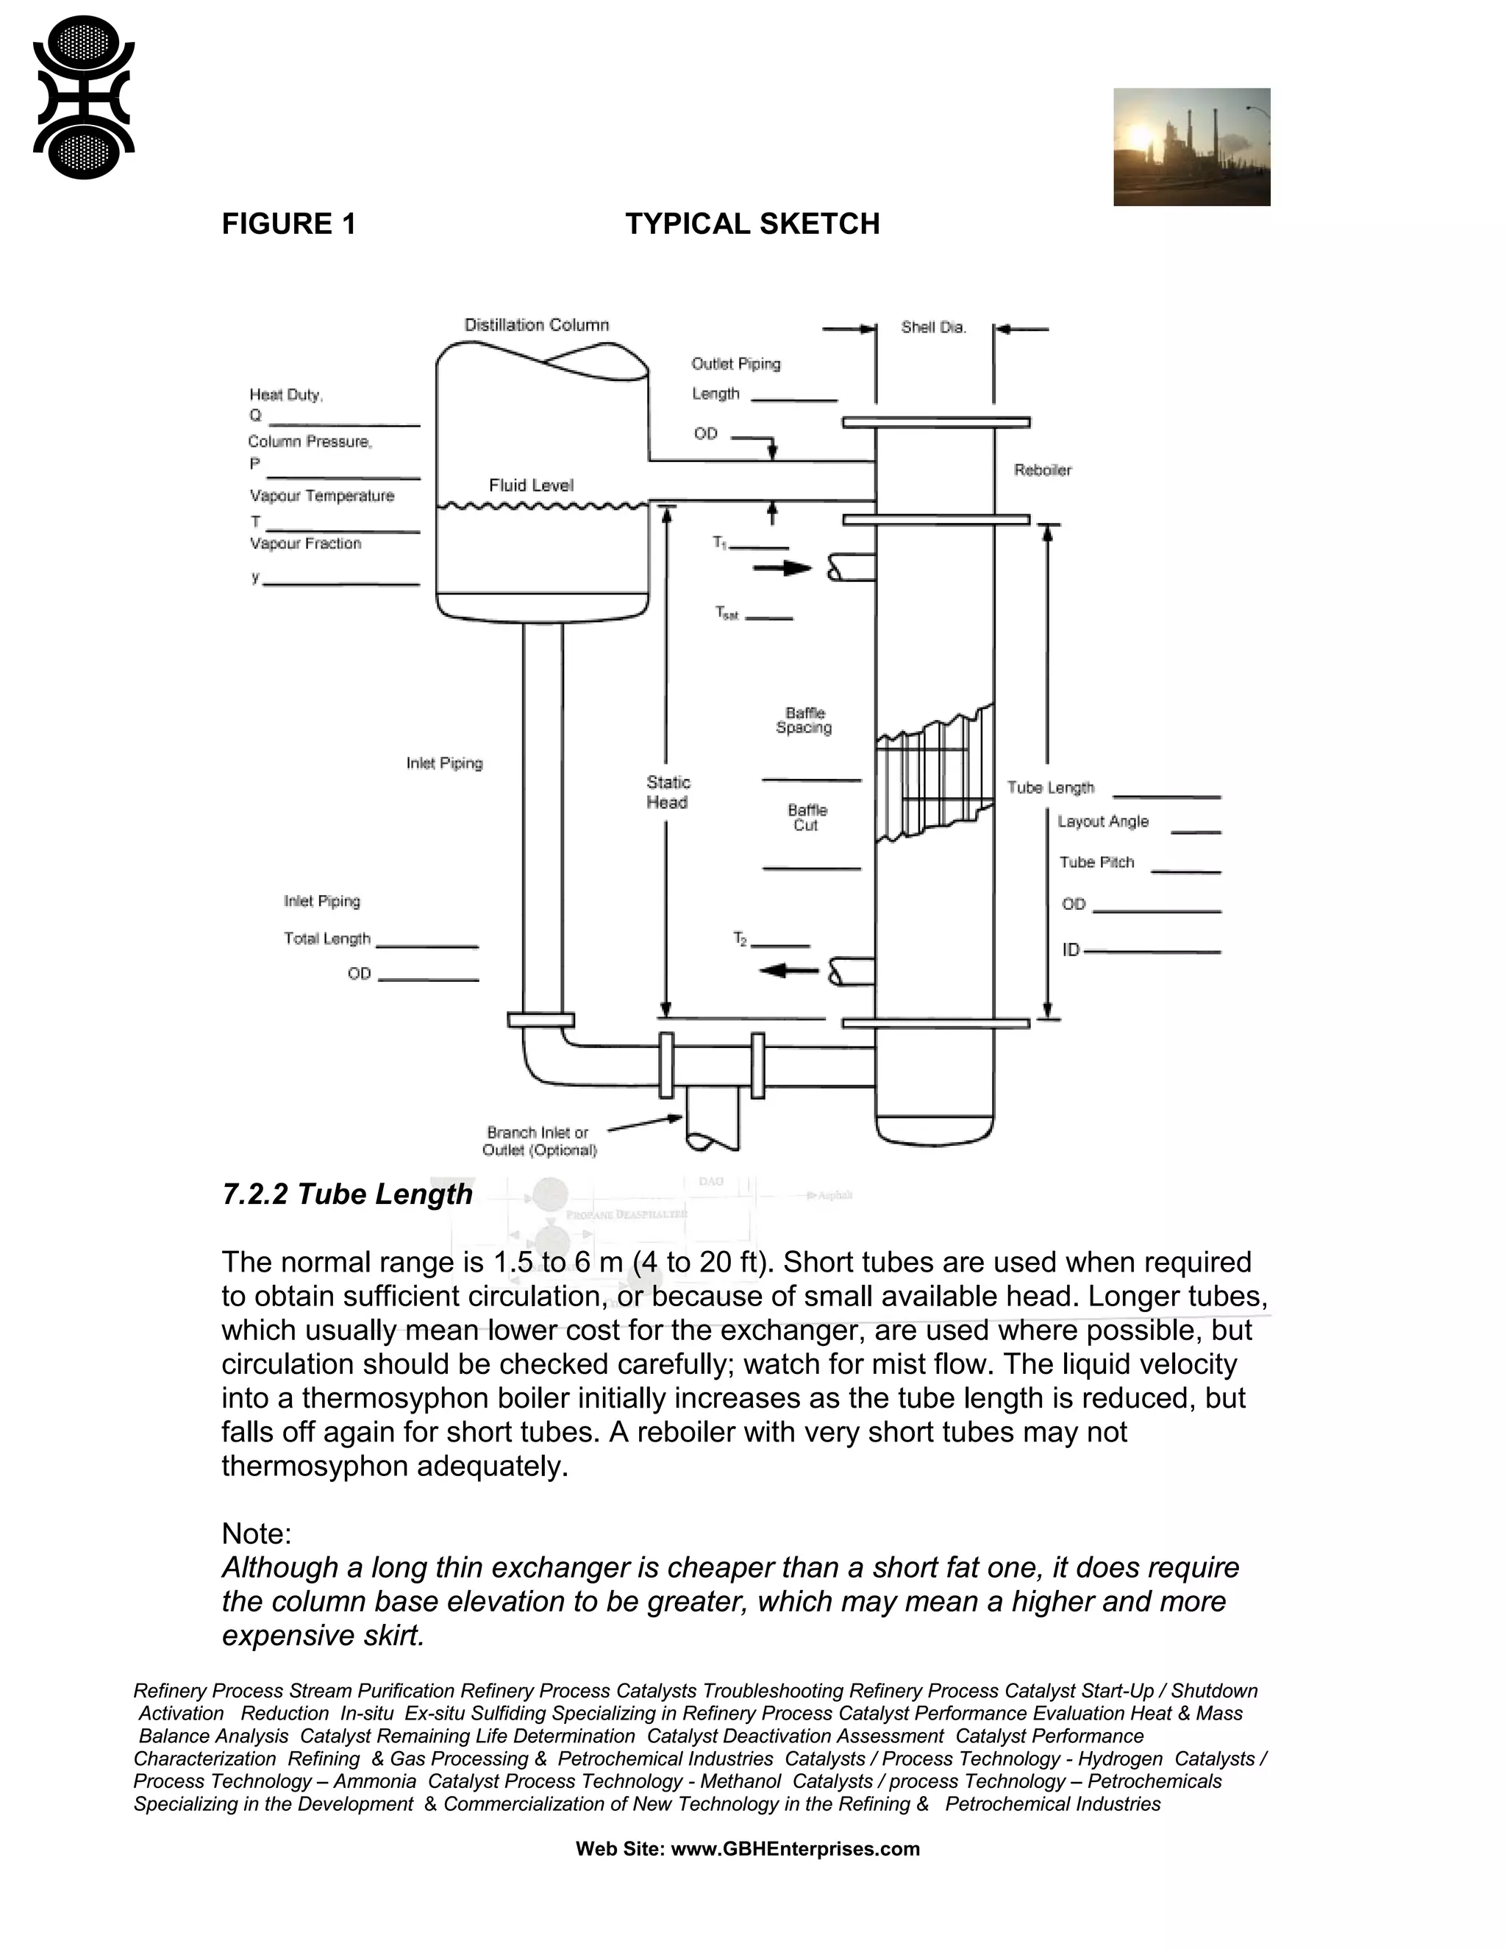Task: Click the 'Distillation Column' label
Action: tap(536, 325)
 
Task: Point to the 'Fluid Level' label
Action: tap(531, 485)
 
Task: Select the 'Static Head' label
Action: tap(668, 791)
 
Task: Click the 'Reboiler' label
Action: tap(1042, 469)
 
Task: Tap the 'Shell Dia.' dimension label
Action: tap(933, 327)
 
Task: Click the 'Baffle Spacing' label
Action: tap(804, 720)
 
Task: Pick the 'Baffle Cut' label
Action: tap(807, 817)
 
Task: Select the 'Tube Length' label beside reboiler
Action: tap(1050, 787)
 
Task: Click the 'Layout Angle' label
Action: tap(1103, 821)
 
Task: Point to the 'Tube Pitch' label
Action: tap(1096, 862)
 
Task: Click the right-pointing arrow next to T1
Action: tap(782, 568)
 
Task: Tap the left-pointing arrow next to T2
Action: tap(789, 969)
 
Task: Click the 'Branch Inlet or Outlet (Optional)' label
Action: tap(539, 1141)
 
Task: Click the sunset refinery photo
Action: tap(1191, 146)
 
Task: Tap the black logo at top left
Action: tap(83, 97)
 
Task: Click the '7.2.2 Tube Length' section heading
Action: tap(347, 1194)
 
